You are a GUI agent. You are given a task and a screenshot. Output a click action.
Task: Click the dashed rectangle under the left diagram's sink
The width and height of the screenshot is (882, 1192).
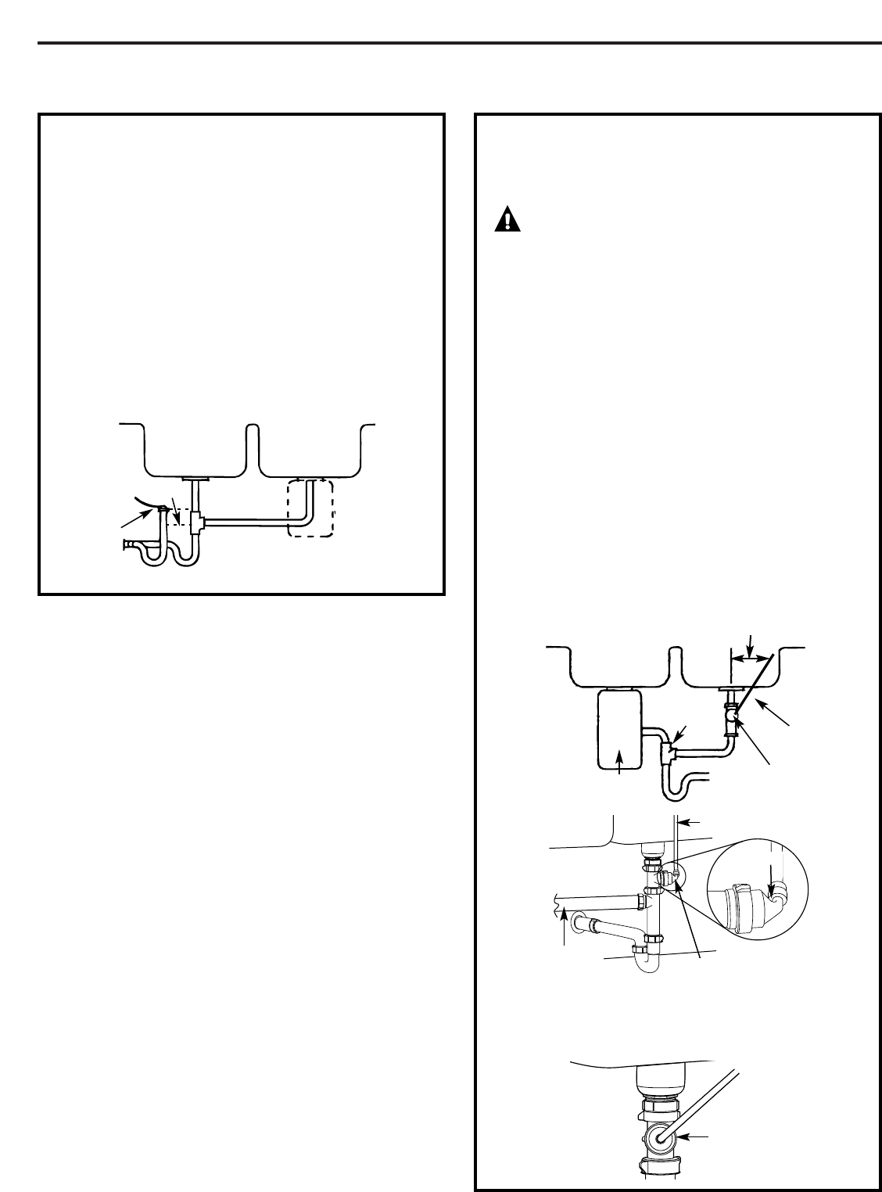pos(310,508)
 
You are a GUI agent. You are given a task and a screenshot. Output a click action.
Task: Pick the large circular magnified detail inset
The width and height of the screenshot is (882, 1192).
pos(757,888)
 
